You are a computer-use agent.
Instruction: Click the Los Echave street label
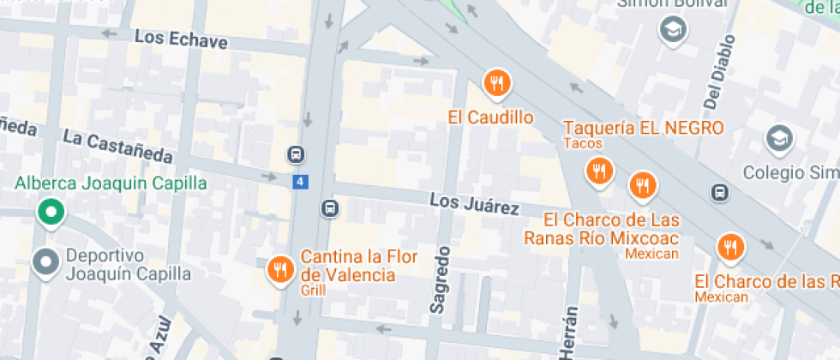[182, 39]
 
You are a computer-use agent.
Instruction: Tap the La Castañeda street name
[117, 147]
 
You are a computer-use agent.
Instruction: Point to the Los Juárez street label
[474, 204]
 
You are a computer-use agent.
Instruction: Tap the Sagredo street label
[441, 279]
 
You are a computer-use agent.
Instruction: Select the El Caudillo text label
[491, 117]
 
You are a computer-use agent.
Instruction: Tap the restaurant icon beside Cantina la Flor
[279, 270]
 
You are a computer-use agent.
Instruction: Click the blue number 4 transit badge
[299, 182]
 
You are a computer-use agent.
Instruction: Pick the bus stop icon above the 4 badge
[295, 155]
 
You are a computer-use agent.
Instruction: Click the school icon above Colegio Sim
[779, 138]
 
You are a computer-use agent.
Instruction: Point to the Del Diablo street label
[719, 72]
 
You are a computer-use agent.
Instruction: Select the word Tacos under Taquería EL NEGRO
[583, 143]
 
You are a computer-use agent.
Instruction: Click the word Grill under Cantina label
[313, 291]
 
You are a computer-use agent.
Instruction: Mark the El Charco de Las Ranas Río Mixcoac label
[611, 229]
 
